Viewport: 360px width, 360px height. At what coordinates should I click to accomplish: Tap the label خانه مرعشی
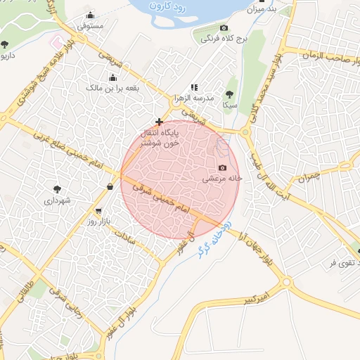(222, 179)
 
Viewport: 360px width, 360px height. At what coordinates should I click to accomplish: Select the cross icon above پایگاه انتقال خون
(159, 122)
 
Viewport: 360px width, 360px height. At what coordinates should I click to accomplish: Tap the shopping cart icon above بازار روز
(98, 211)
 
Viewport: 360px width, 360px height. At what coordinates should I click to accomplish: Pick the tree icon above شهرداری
(56, 188)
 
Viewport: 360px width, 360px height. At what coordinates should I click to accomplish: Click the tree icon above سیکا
(229, 94)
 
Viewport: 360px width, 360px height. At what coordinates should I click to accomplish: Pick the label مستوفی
(91, 26)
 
